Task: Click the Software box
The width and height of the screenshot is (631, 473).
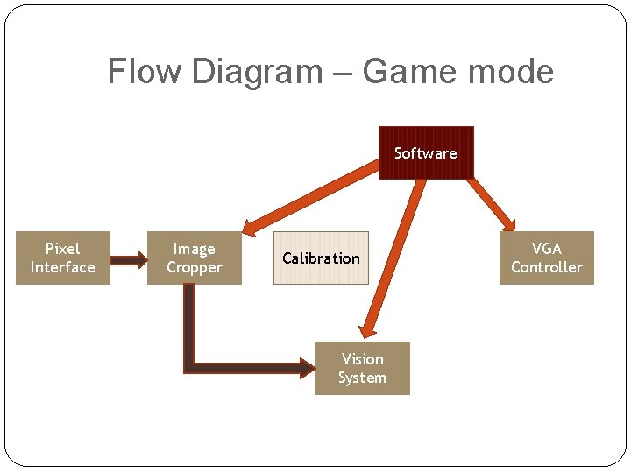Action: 426,153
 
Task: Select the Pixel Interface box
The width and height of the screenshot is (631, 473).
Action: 62,258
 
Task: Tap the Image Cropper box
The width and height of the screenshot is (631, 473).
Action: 194,258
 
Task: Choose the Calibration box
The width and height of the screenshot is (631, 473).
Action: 321,258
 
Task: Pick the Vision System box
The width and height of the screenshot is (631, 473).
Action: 362,369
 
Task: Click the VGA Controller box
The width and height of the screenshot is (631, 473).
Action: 546,258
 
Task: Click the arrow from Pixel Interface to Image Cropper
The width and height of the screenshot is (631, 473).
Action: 129,259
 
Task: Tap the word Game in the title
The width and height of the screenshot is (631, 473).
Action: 405,71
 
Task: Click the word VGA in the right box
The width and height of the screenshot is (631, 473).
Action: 546,249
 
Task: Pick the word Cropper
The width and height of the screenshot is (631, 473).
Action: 194,268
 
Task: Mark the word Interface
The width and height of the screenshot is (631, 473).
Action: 62,268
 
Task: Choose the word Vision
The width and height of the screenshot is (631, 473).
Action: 362,359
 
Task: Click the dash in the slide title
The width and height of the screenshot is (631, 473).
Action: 343,73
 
